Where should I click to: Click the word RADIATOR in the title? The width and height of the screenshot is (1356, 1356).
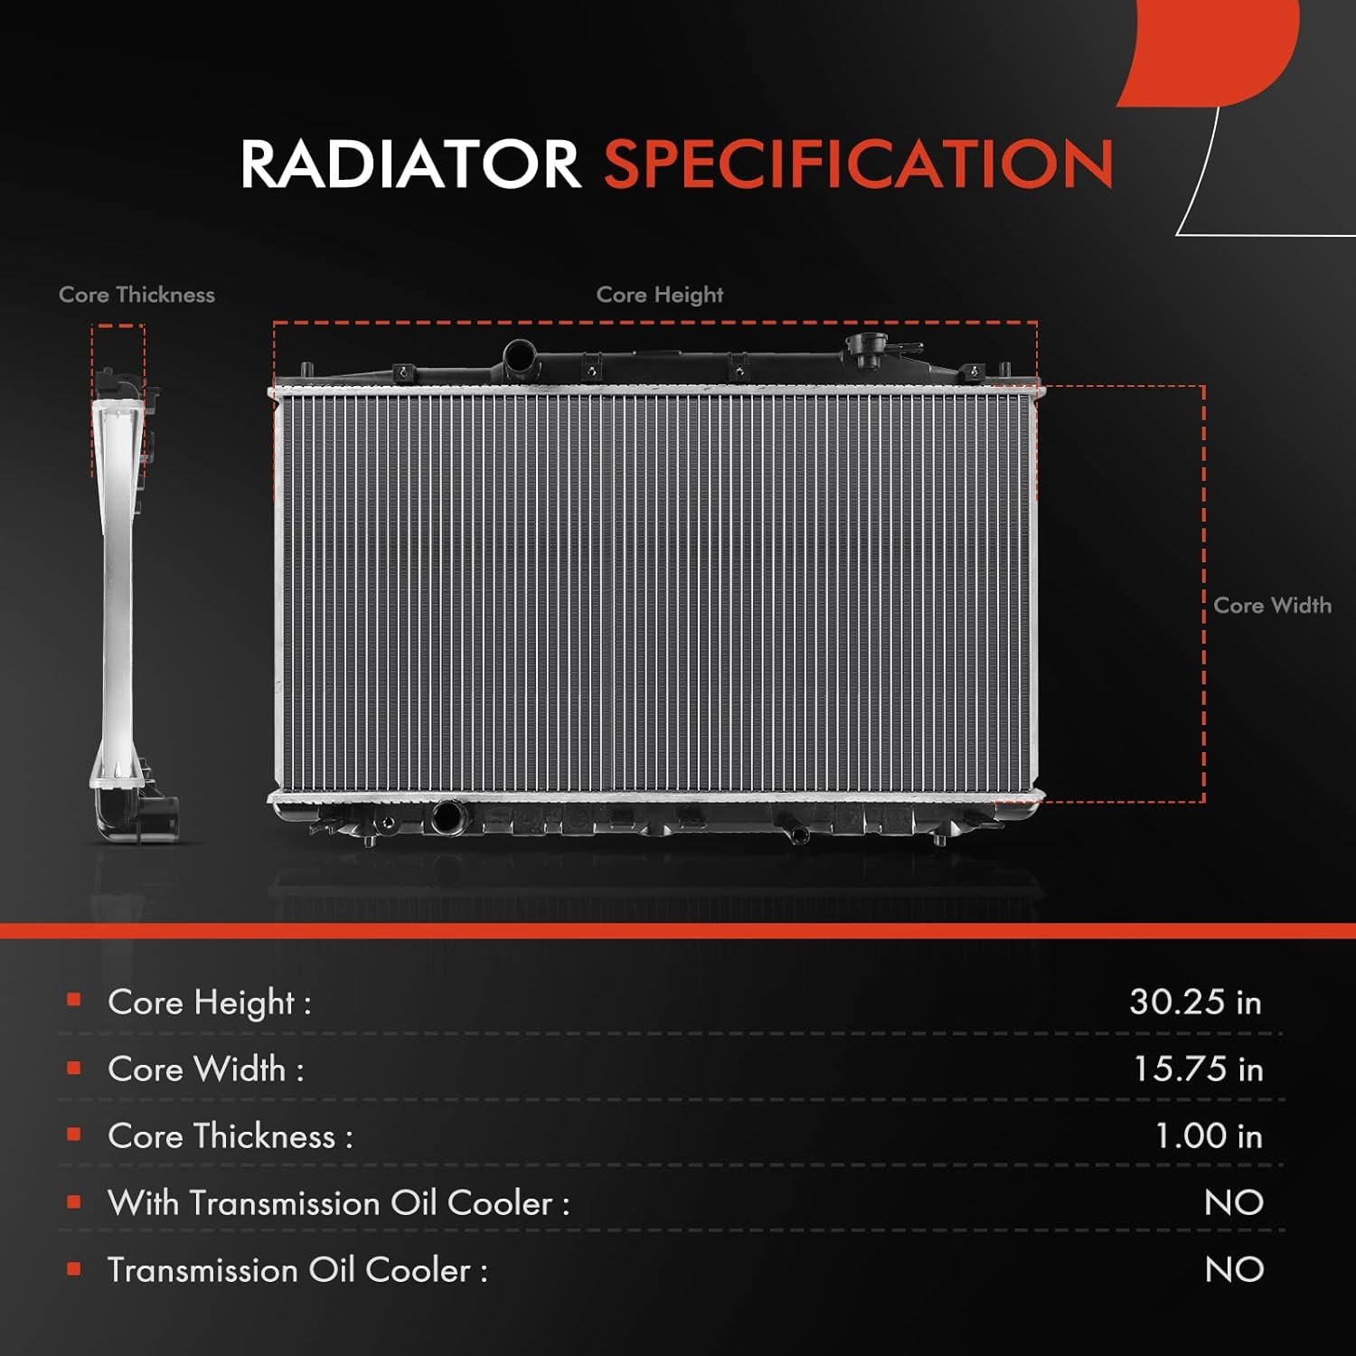coord(410,164)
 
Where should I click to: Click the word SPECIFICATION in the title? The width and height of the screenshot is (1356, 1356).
coord(859,164)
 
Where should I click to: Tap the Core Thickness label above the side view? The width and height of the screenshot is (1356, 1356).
coord(137,295)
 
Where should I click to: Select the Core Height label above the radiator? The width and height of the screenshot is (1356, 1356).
coord(660,295)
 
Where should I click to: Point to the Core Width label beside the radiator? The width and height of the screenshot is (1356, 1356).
coord(1272,606)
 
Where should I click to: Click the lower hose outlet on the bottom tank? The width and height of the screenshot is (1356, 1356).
coord(447,817)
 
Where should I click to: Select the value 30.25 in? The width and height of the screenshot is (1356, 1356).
coord(1195,1002)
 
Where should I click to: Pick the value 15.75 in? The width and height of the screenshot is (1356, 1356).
coord(1198,1069)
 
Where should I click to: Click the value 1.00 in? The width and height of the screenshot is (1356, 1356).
coord(1209,1135)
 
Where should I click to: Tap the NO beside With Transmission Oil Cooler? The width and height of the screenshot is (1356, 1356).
coord(1234,1202)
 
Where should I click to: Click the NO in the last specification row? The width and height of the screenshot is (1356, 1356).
coord(1234,1269)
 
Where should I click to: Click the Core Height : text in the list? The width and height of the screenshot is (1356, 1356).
coord(210,1003)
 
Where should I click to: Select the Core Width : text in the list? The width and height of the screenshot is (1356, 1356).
coord(206,1069)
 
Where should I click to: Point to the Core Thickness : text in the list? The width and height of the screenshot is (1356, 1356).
coord(231,1136)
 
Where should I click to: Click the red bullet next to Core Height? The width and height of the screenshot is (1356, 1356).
coord(74,1000)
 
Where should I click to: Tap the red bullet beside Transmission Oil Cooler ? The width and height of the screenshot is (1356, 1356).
coord(74,1269)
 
